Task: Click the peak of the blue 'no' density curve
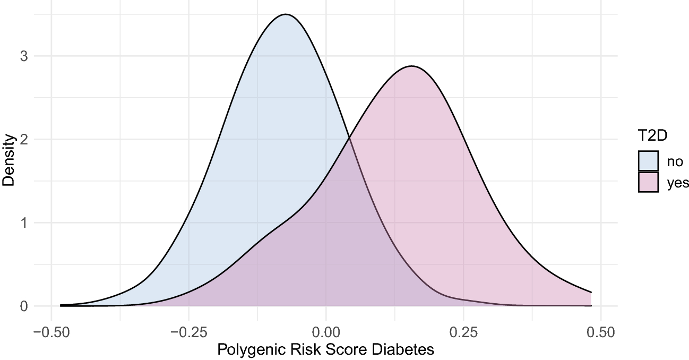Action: (286, 14)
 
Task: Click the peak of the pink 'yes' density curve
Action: (411, 66)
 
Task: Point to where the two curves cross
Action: (349, 139)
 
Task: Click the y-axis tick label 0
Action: (23, 306)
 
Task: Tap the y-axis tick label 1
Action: (23, 223)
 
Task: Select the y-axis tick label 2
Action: (23, 140)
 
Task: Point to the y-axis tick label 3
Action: (23, 56)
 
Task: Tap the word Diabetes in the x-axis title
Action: (407, 350)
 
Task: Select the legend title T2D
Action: (653, 136)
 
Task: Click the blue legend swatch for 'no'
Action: (648, 161)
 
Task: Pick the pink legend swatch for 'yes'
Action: (648, 182)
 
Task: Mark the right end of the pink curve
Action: (591, 292)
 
